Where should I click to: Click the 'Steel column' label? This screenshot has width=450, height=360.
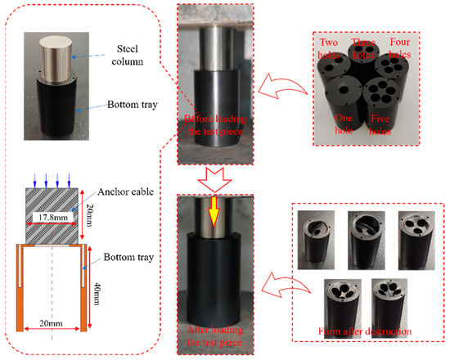click(128, 55)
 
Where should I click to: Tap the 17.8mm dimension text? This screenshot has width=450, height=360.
click(53, 218)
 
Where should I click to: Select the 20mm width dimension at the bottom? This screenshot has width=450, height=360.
click(51, 323)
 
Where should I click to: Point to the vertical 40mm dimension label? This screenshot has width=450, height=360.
click(97, 294)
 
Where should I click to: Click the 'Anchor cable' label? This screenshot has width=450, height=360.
click(125, 191)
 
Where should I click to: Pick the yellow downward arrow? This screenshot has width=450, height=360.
click(214, 212)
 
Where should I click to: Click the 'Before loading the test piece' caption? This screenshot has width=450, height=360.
click(215, 125)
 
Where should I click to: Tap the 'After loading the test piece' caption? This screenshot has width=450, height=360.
click(214, 336)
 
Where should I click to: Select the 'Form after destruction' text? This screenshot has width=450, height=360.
click(365, 331)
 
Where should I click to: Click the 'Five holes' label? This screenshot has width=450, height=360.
click(380, 124)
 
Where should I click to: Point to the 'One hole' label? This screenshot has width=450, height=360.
click(344, 124)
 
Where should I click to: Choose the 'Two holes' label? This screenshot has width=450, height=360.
click(329, 48)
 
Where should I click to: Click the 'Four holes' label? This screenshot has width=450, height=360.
click(400, 48)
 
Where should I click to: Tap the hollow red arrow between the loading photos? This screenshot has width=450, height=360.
click(214, 180)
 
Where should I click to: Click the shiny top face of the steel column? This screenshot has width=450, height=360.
click(56, 43)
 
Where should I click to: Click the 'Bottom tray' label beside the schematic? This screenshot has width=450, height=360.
click(128, 257)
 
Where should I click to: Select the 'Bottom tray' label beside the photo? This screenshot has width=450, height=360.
click(133, 105)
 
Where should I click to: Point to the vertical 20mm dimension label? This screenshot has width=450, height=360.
click(89, 215)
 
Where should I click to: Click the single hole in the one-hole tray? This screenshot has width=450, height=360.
click(343, 90)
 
